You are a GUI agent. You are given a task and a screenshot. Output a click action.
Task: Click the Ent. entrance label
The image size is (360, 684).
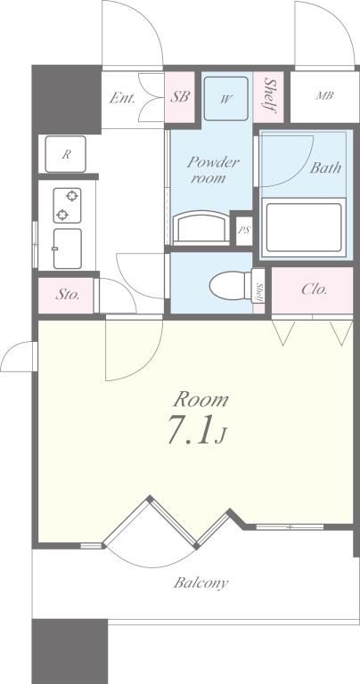[x=122, y=97]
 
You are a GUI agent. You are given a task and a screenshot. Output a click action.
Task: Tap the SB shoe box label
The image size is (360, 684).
[x=180, y=96]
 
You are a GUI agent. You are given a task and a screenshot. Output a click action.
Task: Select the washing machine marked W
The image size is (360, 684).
[x=226, y=99]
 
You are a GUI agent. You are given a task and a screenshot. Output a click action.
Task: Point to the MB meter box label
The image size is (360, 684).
[x=324, y=95]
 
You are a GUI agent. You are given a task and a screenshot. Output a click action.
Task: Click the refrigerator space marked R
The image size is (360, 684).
[x=65, y=154]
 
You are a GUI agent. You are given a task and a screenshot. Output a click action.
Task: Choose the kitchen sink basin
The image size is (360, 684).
[x=67, y=248]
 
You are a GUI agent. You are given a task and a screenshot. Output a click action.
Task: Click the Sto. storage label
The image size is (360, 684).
[x=67, y=295]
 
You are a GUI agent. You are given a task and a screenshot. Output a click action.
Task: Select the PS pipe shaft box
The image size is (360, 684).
[x=243, y=230]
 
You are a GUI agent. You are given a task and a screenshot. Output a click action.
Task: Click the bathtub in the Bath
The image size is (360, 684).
[x=304, y=228]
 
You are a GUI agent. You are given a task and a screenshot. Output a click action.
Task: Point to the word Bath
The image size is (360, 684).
[x=325, y=168]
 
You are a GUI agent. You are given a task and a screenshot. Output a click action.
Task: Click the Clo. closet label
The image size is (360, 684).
[x=314, y=289]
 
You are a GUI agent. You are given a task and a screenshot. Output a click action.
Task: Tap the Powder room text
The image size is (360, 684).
[x=213, y=170]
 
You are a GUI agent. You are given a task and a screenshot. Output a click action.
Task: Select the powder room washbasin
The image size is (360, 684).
[x=201, y=228]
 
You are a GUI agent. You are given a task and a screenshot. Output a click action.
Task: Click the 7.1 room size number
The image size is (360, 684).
[x=189, y=429]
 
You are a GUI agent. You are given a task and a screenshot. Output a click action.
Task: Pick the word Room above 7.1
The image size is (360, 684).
[x=201, y=400]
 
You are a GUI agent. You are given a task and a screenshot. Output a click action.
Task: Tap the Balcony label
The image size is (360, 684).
[x=200, y=582]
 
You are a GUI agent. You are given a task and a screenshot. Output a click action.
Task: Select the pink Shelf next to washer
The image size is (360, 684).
[x=268, y=97]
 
